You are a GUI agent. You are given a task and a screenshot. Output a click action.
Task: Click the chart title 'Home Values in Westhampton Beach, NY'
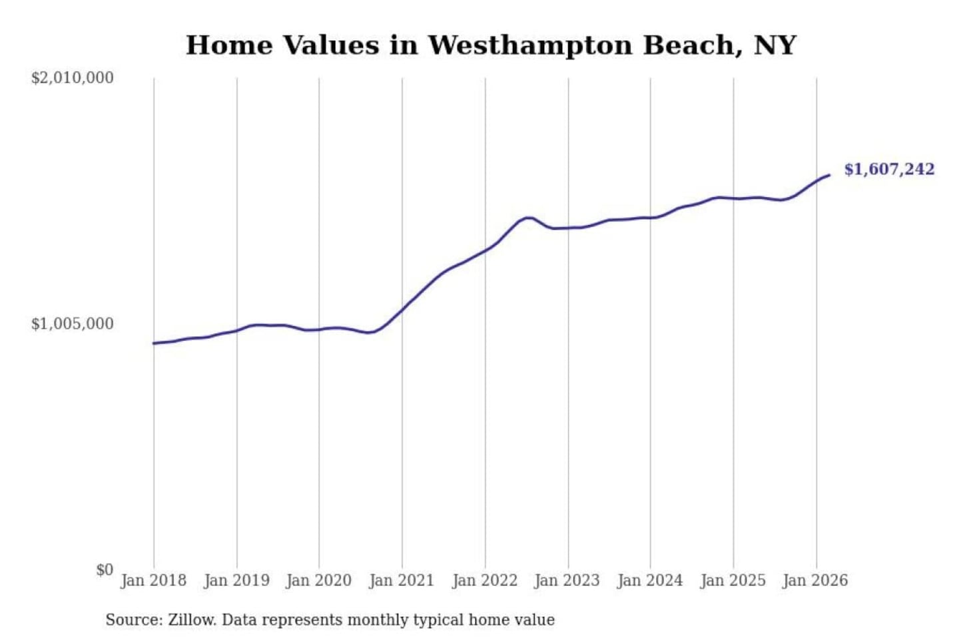(491, 45)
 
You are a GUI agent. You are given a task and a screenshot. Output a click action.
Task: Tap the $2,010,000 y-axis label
(73, 78)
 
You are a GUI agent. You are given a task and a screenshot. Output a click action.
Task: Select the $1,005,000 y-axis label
(73, 324)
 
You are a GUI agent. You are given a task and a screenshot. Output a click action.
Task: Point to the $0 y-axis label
(105, 570)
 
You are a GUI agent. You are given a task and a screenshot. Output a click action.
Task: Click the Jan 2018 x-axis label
(154, 580)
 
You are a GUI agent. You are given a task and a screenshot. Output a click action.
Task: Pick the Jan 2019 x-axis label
(236, 580)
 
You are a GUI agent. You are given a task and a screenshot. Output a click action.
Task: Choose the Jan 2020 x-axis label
(319, 580)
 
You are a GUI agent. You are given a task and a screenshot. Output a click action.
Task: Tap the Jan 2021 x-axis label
(402, 580)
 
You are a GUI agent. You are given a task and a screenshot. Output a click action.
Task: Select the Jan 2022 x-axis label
(485, 580)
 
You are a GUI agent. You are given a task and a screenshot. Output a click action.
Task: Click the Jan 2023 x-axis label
(567, 580)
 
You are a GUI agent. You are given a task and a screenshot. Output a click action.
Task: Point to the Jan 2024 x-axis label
(650, 580)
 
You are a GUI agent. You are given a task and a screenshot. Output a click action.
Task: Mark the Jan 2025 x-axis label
(733, 580)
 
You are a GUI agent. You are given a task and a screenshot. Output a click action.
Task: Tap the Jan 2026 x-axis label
(816, 580)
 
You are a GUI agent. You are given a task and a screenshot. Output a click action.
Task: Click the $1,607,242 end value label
(889, 169)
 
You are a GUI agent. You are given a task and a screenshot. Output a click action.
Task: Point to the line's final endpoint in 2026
(829, 175)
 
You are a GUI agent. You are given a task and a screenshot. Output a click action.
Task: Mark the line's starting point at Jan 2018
(154, 343)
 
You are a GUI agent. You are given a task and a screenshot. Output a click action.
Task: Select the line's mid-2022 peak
(528, 218)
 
